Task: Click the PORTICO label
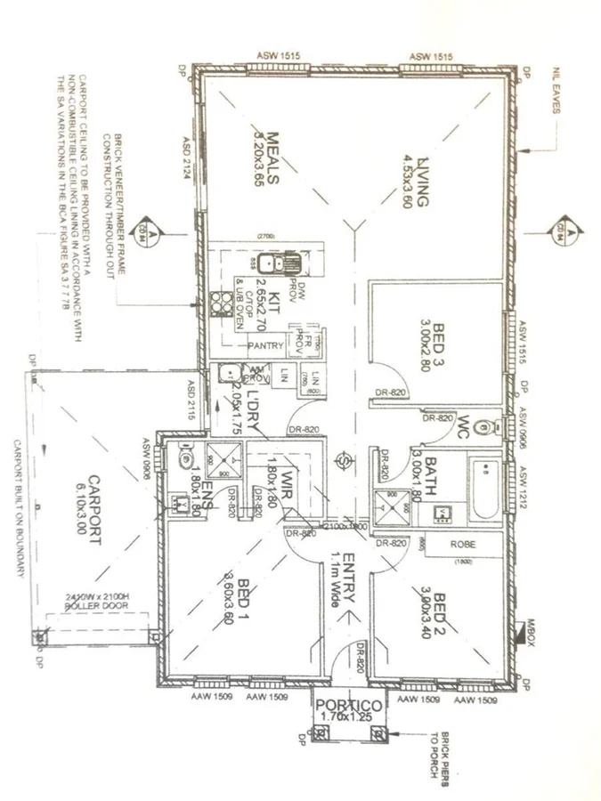click(x=350, y=705)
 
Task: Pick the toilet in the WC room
click(x=484, y=425)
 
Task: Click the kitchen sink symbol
click(x=286, y=264)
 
